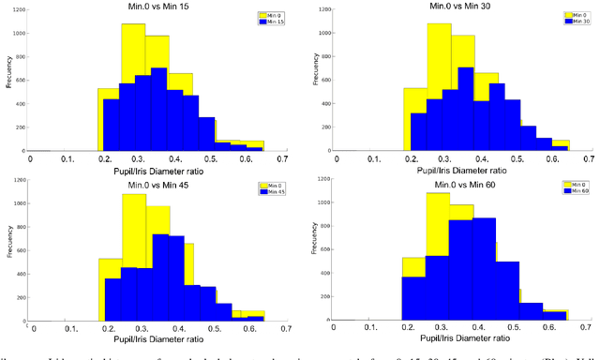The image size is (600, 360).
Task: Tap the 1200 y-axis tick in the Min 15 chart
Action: point(18,9)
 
